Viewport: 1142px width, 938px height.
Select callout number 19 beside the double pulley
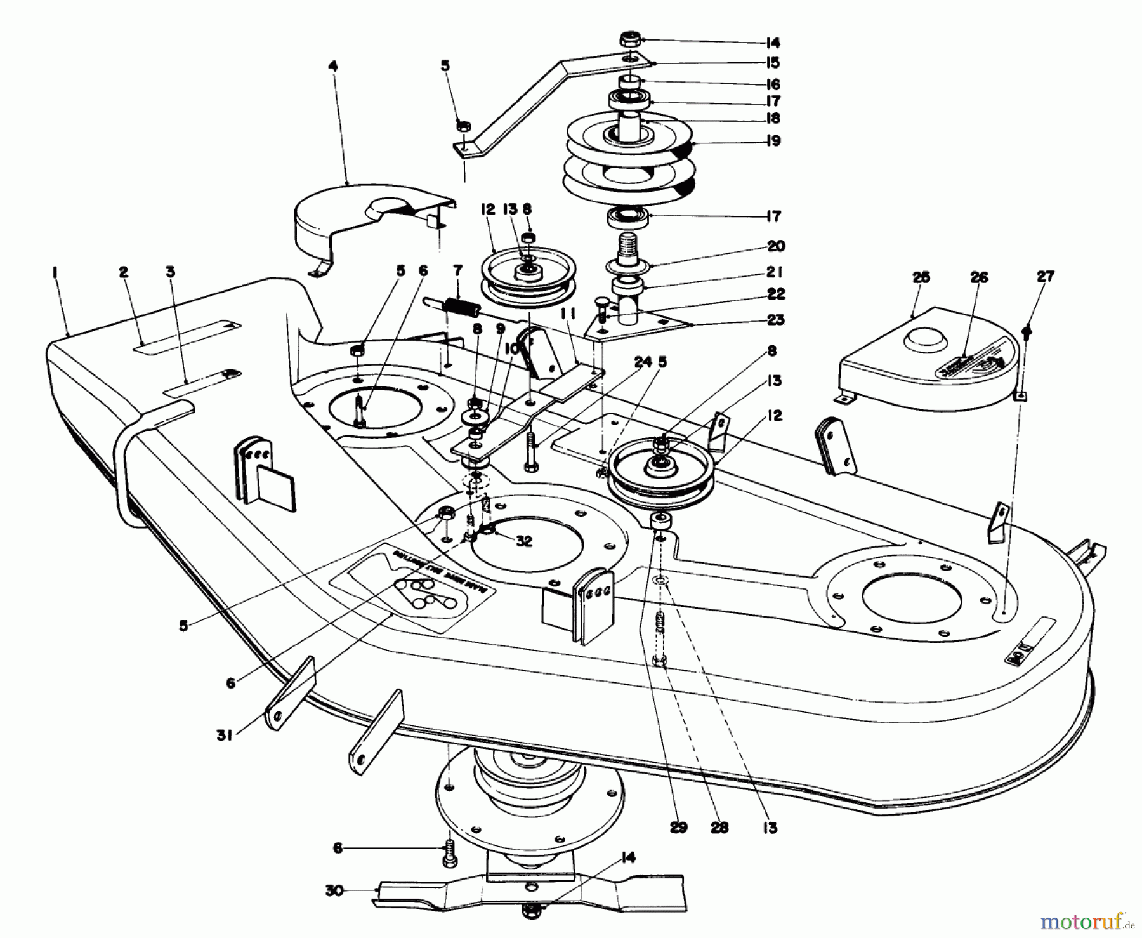(773, 141)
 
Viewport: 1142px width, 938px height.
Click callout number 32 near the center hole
(523, 541)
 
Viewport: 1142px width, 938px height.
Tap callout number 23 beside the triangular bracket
(775, 320)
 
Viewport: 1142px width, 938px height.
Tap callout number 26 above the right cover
(979, 277)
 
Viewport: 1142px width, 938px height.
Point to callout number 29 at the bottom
(678, 828)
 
